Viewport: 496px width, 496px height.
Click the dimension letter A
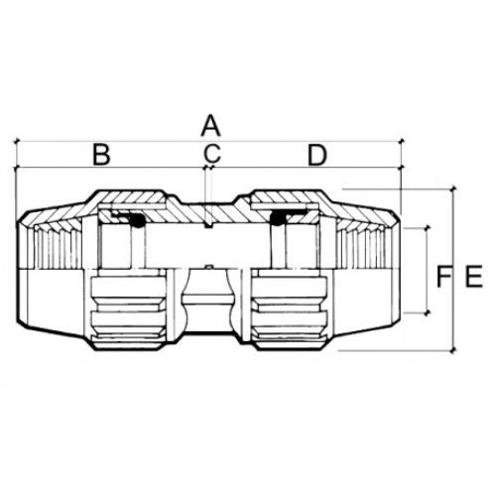coord(210,126)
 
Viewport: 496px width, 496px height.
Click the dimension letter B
coord(101,155)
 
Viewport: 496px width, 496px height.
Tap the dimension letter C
coord(211,154)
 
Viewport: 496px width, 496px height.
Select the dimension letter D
coord(317,155)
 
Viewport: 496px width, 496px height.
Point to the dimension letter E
coord(474,276)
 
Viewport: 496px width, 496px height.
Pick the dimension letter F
coord(444,276)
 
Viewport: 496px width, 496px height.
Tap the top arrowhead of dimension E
coord(454,189)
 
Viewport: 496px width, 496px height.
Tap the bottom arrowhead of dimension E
coord(454,350)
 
